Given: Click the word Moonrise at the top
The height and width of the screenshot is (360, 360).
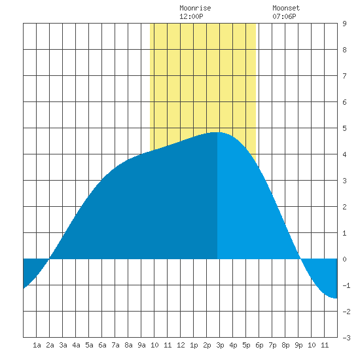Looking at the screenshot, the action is click(x=195, y=8).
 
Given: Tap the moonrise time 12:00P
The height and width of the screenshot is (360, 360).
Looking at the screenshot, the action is click(x=191, y=16).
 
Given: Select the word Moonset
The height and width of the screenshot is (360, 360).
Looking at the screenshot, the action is click(x=286, y=8).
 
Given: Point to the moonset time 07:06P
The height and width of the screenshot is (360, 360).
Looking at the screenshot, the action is click(x=284, y=16).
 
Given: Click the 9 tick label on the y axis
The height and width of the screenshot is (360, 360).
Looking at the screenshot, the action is click(x=344, y=24).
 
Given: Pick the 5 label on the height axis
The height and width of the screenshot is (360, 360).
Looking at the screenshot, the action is click(x=344, y=128).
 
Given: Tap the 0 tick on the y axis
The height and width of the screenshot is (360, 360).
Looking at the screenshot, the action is click(x=344, y=259).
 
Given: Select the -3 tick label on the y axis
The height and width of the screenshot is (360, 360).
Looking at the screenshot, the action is click(x=346, y=338).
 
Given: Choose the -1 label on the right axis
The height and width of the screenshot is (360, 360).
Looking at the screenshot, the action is click(x=346, y=285).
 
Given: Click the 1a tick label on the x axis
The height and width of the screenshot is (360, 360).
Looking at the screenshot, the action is click(x=37, y=345).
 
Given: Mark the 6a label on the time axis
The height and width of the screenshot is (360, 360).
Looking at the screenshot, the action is click(x=102, y=345).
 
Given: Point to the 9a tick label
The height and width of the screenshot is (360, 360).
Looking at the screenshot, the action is click(x=141, y=345).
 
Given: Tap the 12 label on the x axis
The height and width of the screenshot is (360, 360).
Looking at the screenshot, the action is click(x=181, y=345).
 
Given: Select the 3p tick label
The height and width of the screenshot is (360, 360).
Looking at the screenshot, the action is click(x=220, y=345).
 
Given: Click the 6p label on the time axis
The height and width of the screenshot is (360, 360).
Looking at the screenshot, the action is click(x=259, y=345).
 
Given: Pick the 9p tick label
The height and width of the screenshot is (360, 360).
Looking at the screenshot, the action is click(x=298, y=345).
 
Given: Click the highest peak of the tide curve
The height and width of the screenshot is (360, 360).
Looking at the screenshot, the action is click(x=216, y=132).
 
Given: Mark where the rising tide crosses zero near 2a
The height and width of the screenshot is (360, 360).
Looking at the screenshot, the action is click(x=49, y=259).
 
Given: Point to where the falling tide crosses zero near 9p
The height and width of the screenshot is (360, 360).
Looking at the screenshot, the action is click(x=300, y=259).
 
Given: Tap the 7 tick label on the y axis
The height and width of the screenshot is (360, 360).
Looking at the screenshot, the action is click(x=344, y=76).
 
